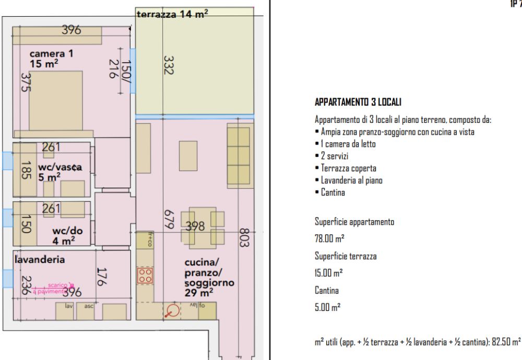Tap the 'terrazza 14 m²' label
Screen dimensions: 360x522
click(172, 16)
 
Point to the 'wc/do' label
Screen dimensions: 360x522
click(66, 230)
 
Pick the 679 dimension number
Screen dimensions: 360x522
click(167, 222)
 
